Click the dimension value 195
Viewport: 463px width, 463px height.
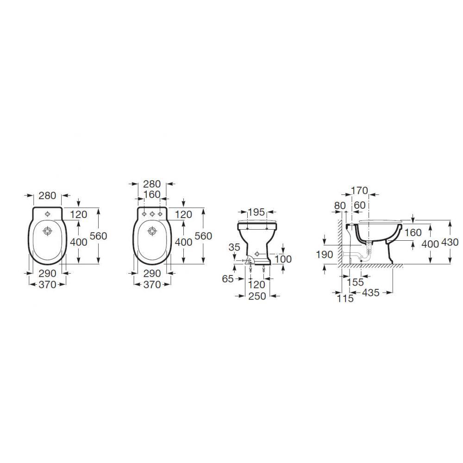[x=257, y=212]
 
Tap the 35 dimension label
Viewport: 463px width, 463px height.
[x=234, y=247]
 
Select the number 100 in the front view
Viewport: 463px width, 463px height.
[x=283, y=259]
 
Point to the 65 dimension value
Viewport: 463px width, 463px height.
[x=228, y=278]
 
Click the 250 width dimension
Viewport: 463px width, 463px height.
[x=257, y=296]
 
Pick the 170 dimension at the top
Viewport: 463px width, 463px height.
[x=360, y=191]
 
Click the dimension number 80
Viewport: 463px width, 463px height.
[x=340, y=205]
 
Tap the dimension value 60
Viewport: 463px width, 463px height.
[x=360, y=205]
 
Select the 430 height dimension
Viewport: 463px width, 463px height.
[x=450, y=242]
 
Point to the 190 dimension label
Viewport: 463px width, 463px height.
[x=325, y=254]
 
